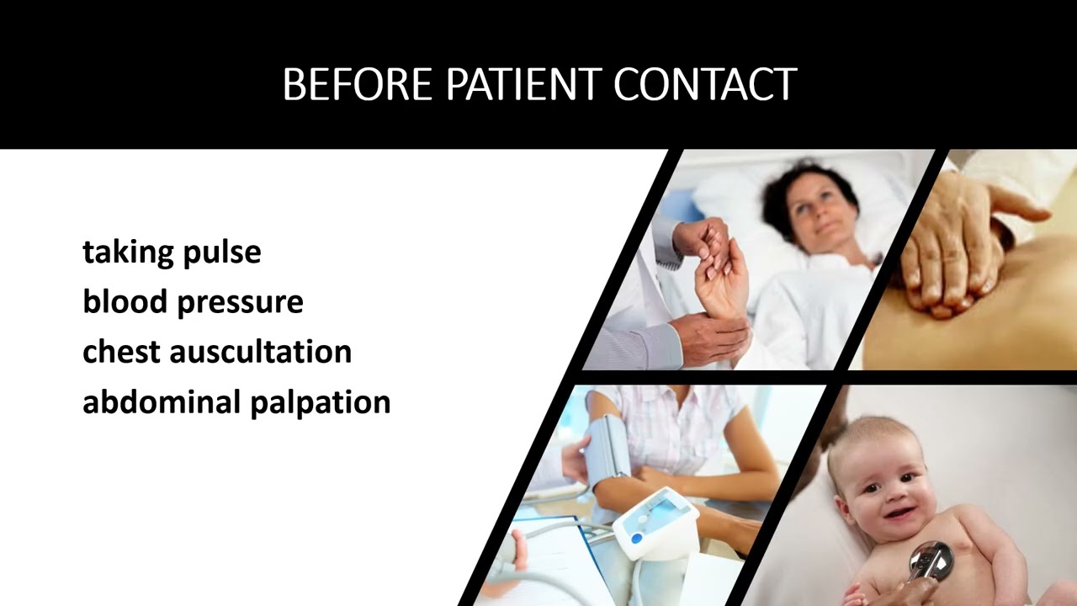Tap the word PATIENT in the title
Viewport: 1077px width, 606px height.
pos(523,85)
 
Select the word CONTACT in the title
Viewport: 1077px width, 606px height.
pos(705,85)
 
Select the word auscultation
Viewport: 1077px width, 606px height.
pos(261,351)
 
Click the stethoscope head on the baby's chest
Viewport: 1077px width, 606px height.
pos(932,560)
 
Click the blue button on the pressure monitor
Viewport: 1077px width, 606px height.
pos(637,539)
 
